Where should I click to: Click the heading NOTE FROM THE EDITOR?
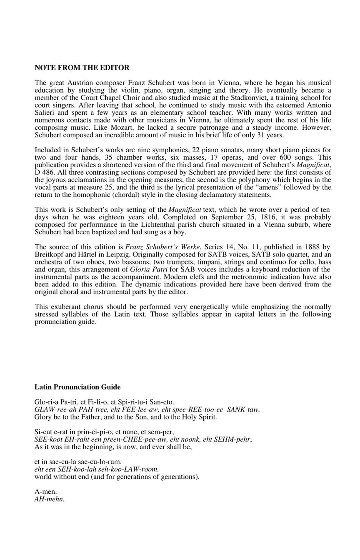point(82,68)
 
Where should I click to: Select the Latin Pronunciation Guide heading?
point(77,387)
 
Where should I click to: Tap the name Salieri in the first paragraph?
point(45,113)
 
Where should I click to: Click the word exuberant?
point(65,306)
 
